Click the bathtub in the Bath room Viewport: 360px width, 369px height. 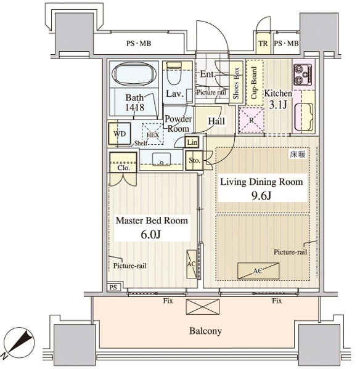pos(134,73)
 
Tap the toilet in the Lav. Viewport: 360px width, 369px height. pos(174,73)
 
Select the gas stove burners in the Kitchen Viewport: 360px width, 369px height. pos(303,75)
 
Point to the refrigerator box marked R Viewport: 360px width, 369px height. pos(252,120)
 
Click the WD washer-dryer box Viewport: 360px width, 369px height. pos(120,134)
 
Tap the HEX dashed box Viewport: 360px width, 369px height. pos(153,134)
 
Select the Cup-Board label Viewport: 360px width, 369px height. pos(254,83)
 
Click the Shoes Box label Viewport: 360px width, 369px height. pos(236,83)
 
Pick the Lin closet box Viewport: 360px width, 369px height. pos(192,142)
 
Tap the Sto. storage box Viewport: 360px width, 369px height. pos(194,161)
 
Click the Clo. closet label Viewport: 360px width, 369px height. pos(124,168)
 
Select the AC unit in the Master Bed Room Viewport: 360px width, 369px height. pos(192,264)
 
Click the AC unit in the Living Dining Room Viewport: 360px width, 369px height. pos(258,271)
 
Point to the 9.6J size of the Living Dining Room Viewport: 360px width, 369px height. pos(261,195)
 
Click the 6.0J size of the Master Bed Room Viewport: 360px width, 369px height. pos(150,234)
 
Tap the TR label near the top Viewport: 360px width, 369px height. pos(263,44)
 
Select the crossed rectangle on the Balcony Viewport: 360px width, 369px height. pos(202,307)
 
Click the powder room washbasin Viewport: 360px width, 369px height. pos(162,159)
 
